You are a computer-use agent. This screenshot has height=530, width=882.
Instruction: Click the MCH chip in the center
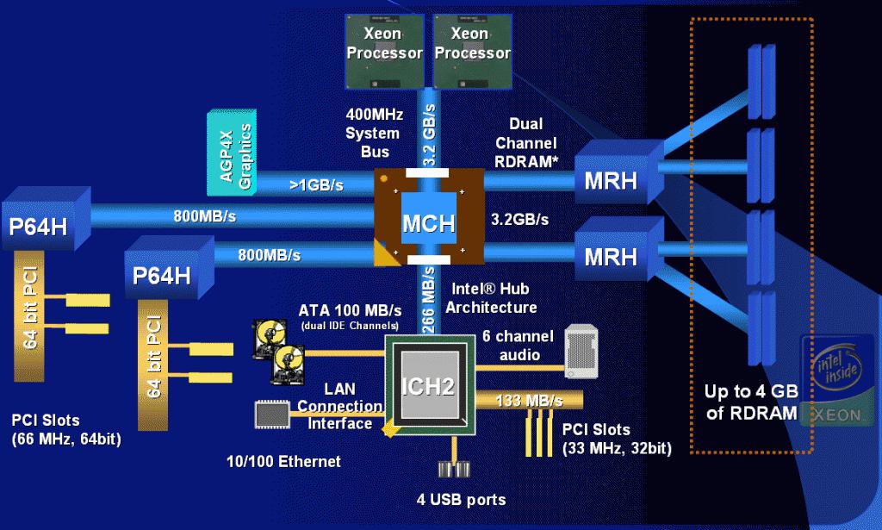429,222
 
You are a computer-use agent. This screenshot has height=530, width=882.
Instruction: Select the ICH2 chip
428,385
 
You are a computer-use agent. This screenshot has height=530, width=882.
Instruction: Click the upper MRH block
612,179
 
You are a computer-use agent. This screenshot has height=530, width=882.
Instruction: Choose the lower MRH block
612,255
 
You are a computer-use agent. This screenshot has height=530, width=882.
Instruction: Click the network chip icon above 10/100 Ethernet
272,414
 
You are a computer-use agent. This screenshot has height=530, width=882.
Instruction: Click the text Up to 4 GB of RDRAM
751,402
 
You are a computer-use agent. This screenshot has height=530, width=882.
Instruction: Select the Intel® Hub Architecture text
494,299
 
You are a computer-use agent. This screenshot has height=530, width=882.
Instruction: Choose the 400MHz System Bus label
372,134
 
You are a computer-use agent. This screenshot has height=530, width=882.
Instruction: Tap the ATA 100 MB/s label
351,310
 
